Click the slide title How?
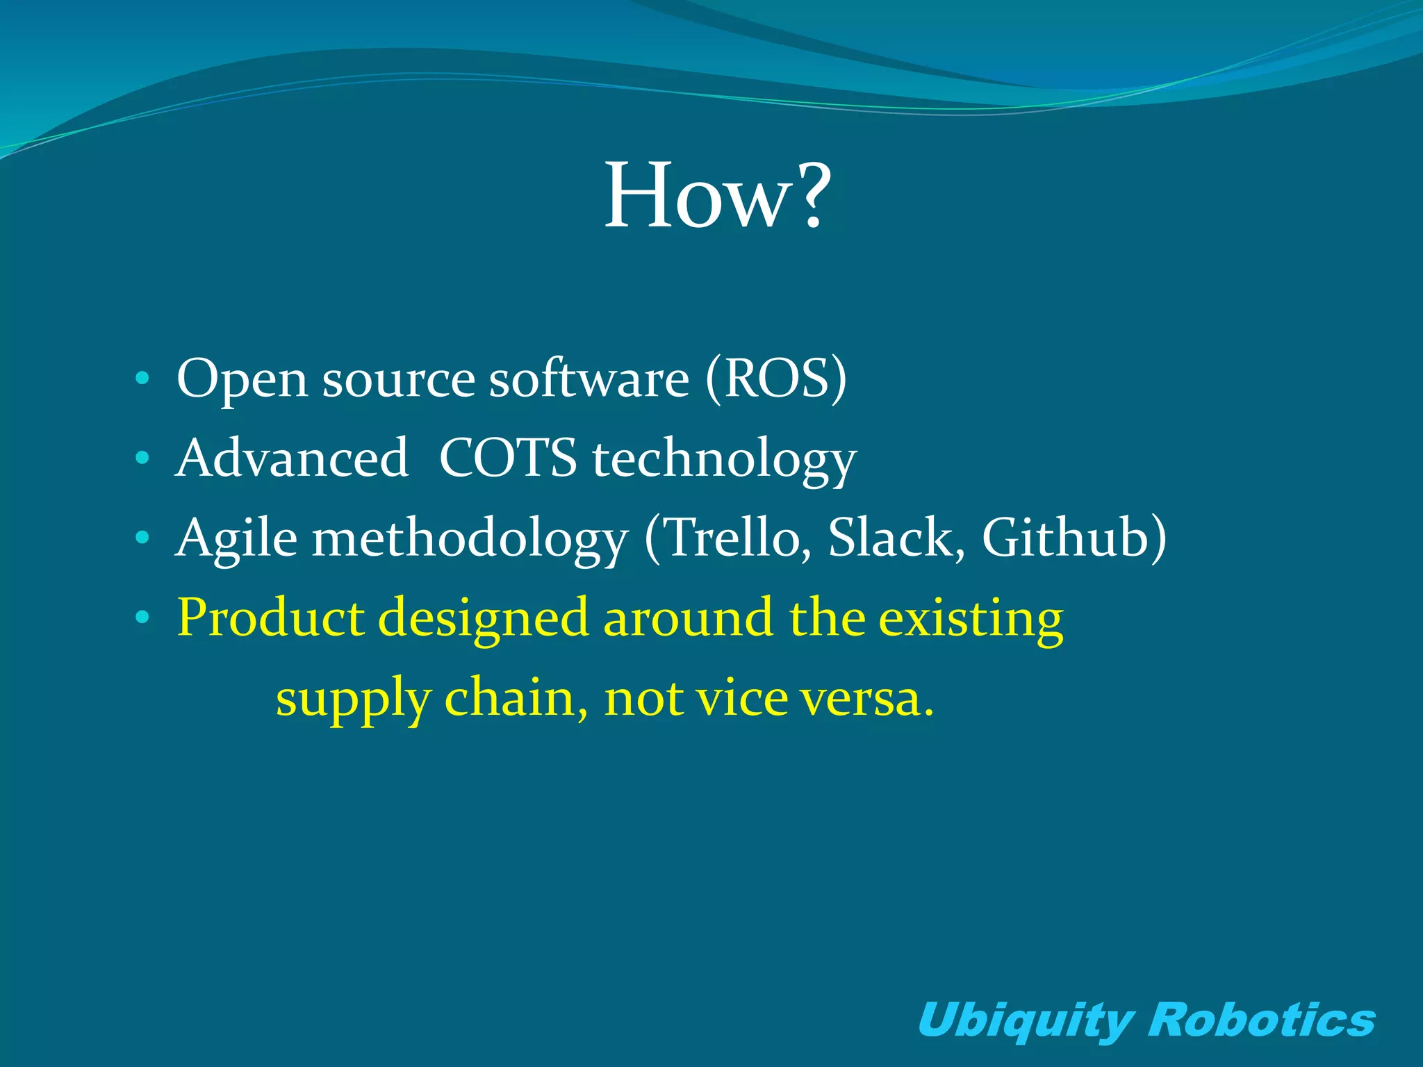tap(717, 196)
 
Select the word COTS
tap(508, 458)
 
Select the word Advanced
tap(292, 458)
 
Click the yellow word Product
tap(270, 618)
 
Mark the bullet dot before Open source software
tap(142, 379)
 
